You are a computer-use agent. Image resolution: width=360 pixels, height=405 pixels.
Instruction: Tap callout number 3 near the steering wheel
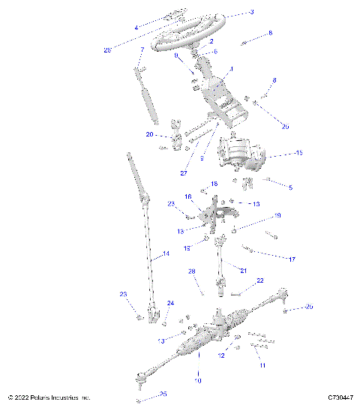[x=230, y=12]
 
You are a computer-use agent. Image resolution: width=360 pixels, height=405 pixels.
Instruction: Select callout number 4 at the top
[x=136, y=28]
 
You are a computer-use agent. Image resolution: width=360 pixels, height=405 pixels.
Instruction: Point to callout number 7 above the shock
[x=141, y=51]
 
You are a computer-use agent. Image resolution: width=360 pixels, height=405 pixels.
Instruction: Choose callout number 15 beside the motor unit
[x=278, y=154]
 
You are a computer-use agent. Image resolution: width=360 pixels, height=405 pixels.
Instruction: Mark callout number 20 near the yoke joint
[x=149, y=135]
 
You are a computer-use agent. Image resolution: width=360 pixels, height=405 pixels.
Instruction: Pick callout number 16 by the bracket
[x=188, y=196]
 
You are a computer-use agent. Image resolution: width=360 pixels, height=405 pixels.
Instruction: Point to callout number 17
[x=292, y=259]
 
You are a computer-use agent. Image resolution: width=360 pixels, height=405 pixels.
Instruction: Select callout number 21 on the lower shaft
[x=243, y=269]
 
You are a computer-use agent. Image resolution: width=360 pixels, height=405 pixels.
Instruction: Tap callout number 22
[x=260, y=280]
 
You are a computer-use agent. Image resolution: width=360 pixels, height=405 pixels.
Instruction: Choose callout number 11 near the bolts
[x=262, y=365]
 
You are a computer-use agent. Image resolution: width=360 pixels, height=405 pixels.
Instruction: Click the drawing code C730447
[x=340, y=397]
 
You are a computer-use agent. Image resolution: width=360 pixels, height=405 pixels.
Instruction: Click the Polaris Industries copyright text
[x=49, y=397]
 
